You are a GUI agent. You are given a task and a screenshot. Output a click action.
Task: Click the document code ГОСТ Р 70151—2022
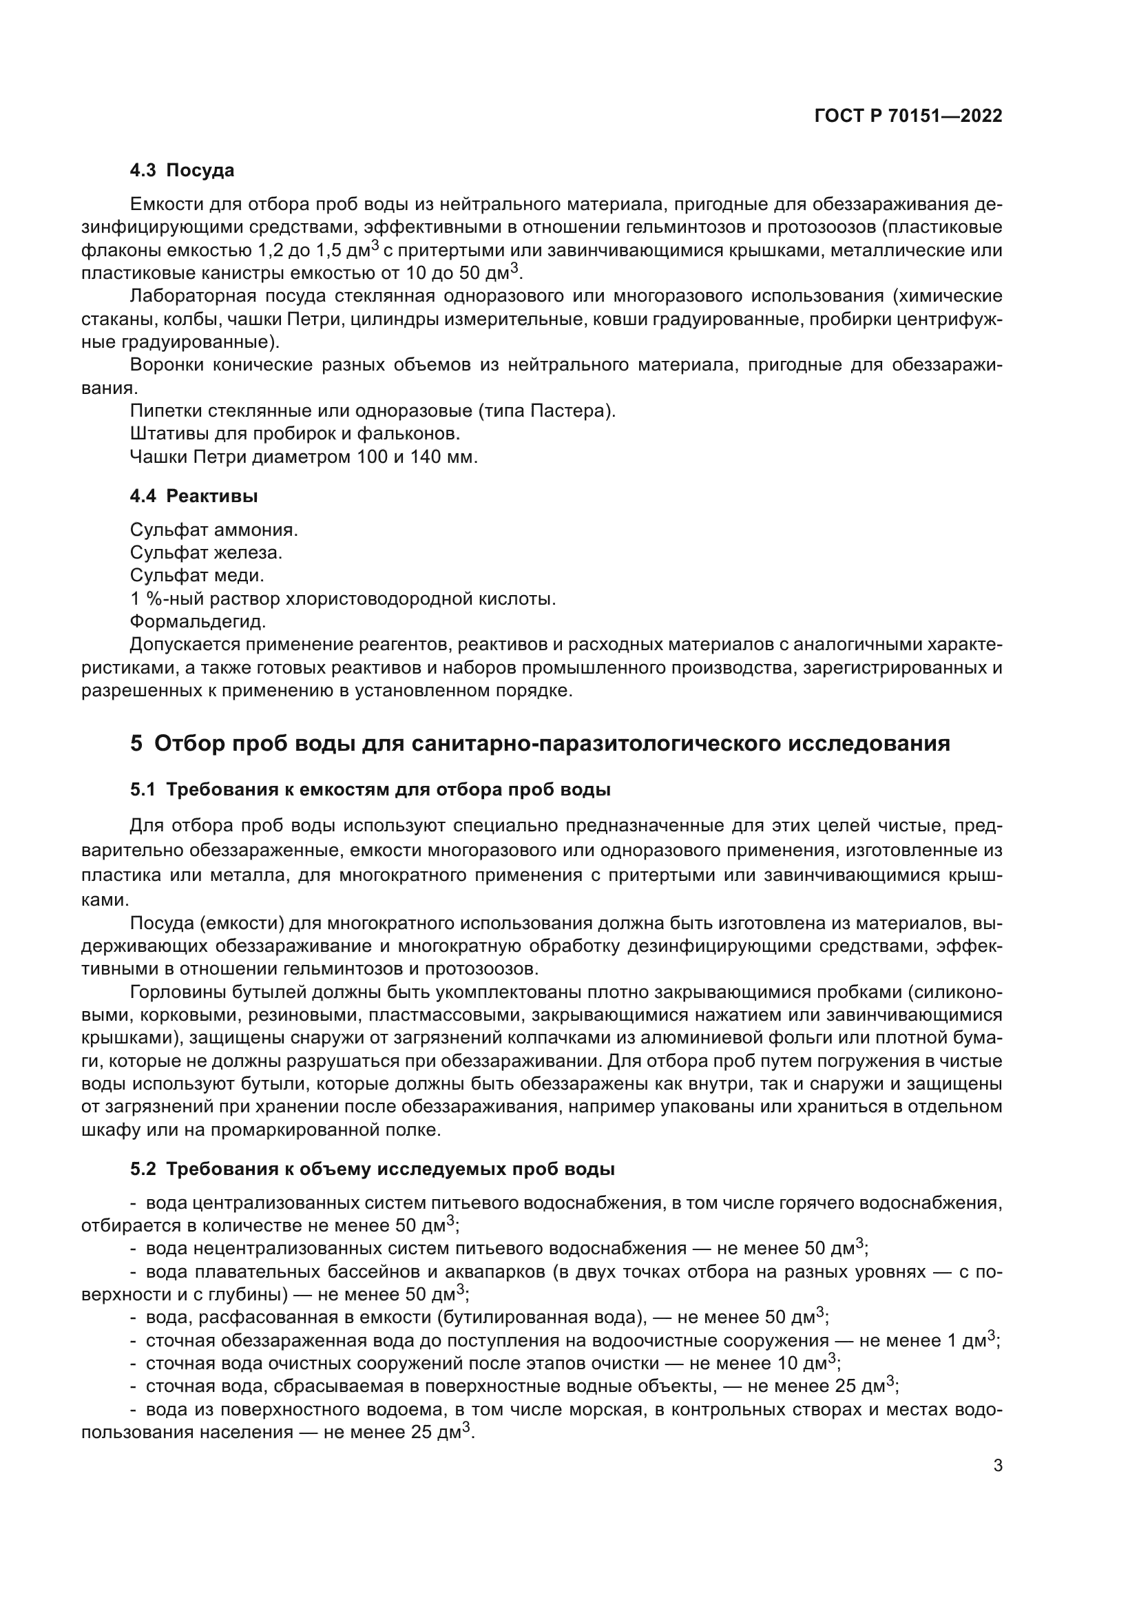click(908, 116)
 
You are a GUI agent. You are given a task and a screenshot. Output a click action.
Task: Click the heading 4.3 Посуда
click(182, 171)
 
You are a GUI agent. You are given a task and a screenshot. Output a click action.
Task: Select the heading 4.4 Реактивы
click(194, 496)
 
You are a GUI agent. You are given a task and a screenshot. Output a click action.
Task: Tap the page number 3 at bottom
click(997, 1466)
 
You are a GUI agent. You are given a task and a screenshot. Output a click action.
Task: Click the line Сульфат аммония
click(214, 530)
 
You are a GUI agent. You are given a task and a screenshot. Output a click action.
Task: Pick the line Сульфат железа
click(206, 553)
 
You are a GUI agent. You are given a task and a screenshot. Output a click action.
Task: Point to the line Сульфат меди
click(197, 576)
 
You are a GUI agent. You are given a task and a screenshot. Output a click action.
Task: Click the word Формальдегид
click(198, 622)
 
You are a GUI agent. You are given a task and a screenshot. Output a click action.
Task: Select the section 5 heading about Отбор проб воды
click(540, 743)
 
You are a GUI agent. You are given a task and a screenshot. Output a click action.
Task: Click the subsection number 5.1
click(143, 789)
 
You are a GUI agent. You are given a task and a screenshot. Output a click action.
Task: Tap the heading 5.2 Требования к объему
click(372, 1170)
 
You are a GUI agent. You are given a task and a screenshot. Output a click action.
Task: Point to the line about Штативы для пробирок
click(295, 435)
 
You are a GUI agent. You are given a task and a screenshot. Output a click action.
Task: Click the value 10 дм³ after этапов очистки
click(806, 1363)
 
